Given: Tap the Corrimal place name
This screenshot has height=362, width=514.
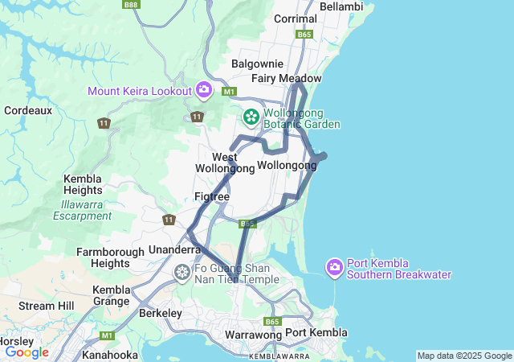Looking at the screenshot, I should pos(296,19).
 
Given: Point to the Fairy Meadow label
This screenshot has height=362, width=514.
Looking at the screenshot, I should pos(286,78).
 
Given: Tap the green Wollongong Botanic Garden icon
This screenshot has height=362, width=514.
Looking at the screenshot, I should pos(251,118).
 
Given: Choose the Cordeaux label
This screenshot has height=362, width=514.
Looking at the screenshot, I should pos(28,110).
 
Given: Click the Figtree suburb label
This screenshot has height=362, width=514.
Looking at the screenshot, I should pos(212,196).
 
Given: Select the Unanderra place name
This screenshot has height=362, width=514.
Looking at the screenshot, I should pos(174,250).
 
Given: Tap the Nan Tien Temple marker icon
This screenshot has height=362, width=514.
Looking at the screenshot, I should pos(182,274).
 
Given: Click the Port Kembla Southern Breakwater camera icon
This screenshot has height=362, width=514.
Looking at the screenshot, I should pos(336,266).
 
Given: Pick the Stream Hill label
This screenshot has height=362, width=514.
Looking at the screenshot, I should pos(46,306).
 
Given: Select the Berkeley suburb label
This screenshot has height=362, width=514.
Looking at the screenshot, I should pos(161,313).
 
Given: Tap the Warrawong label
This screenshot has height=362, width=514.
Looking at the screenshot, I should pos(253,333).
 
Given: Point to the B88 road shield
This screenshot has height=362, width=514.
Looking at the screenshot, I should pos(131,5).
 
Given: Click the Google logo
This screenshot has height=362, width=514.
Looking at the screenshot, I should pos(27,352).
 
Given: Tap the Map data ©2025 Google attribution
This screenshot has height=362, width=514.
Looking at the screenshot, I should pos(463,356).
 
